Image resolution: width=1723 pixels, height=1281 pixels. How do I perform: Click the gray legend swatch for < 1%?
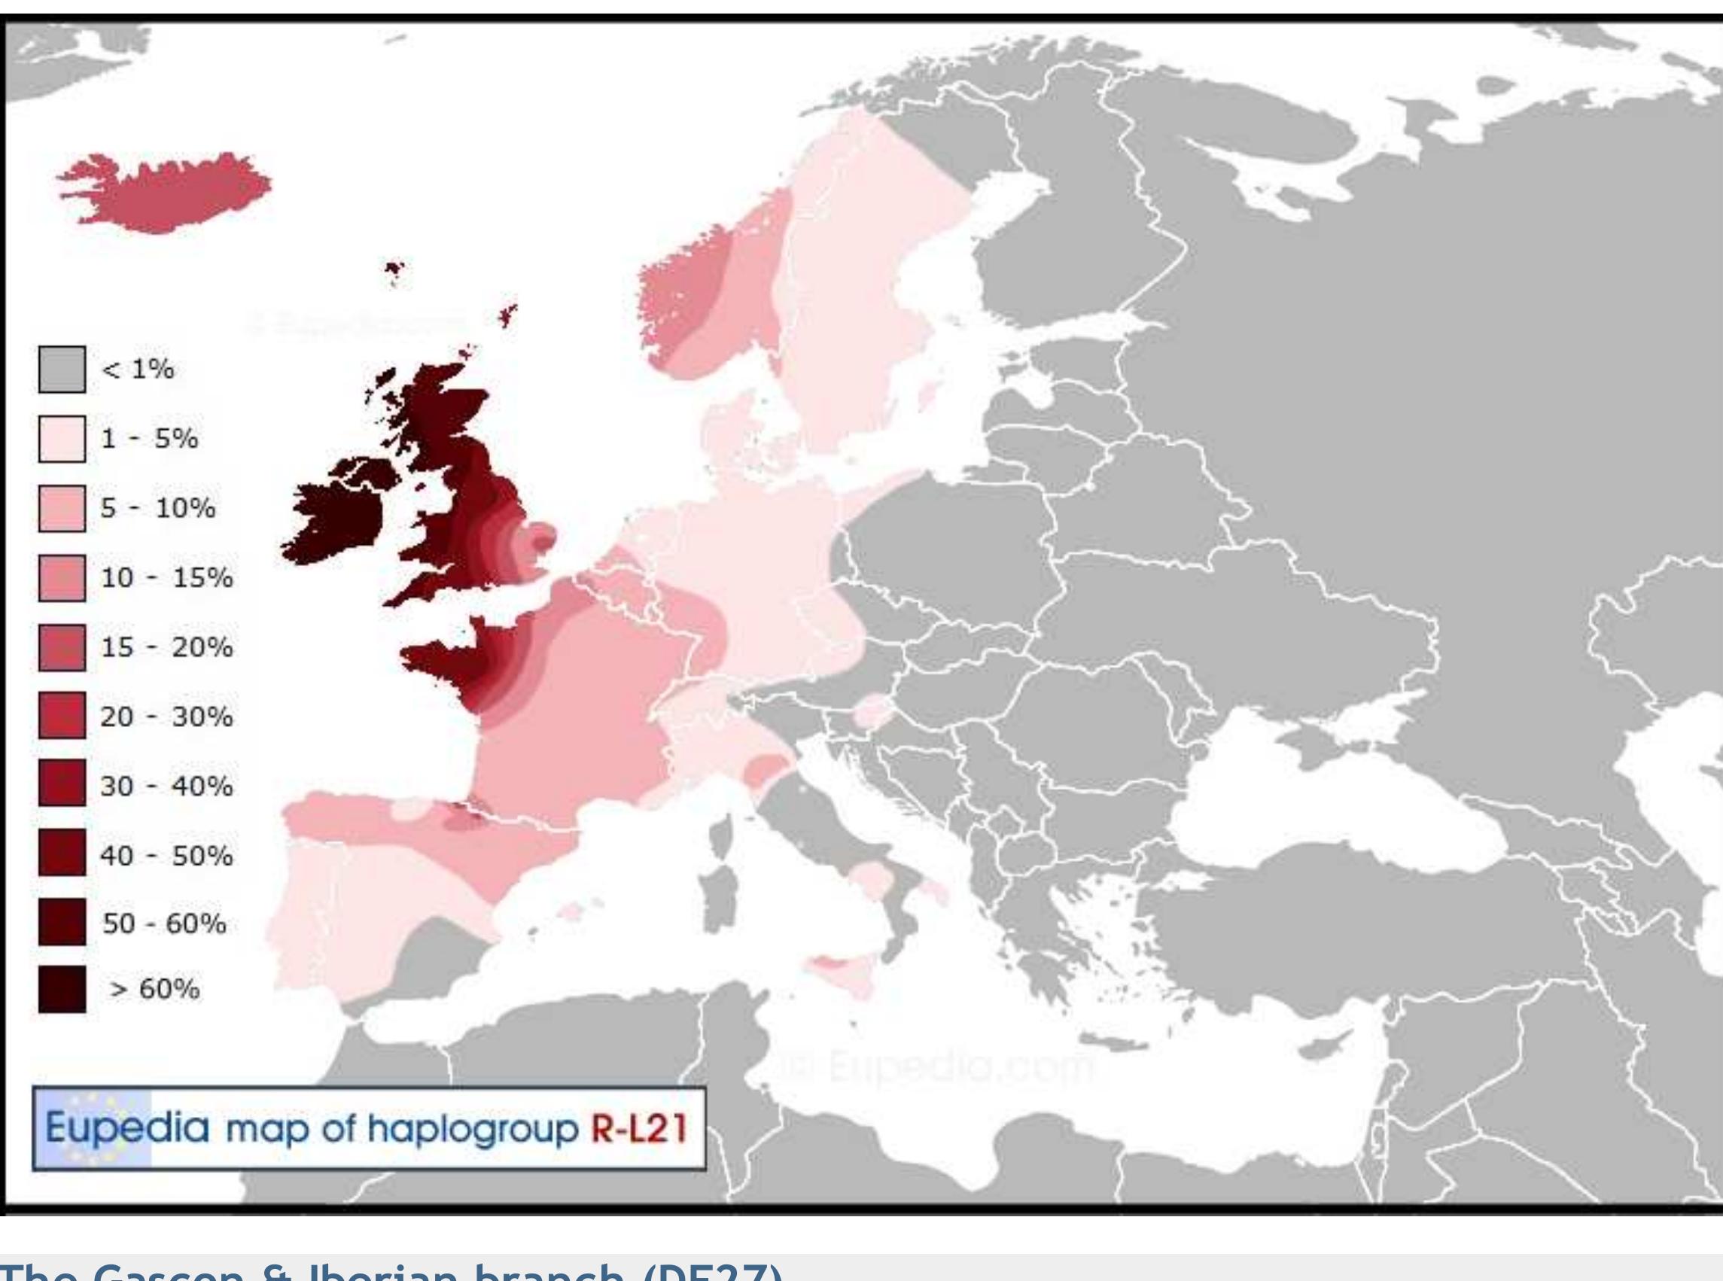click(x=62, y=369)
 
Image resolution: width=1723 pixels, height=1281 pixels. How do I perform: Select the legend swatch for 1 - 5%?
click(x=62, y=439)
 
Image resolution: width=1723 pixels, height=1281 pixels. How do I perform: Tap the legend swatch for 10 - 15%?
click(x=62, y=578)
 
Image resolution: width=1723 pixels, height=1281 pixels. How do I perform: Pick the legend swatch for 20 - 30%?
click(x=62, y=717)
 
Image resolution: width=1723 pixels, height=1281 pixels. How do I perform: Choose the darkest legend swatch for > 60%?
click(x=62, y=990)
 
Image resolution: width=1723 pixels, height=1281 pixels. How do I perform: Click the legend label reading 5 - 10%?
click(x=158, y=509)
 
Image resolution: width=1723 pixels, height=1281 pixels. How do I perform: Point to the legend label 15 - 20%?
click(x=166, y=647)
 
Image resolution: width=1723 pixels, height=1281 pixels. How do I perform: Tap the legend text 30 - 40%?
click(x=166, y=787)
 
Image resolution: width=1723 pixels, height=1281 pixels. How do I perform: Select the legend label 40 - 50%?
click(x=166, y=856)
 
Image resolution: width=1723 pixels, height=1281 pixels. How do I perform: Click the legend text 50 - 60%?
click(x=164, y=924)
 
